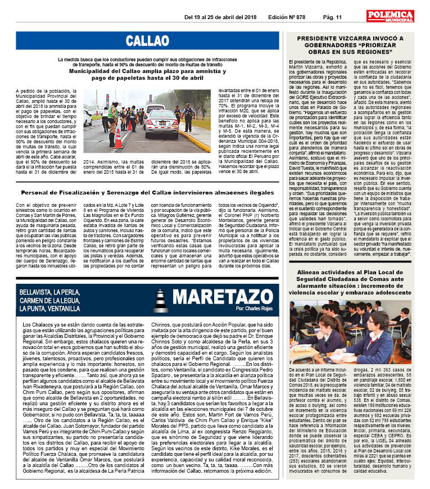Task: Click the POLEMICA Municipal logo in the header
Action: click(390, 16)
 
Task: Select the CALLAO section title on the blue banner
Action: click(147, 40)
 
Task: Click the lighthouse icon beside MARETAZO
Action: click(161, 300)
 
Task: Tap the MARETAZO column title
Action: click(222, 297)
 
